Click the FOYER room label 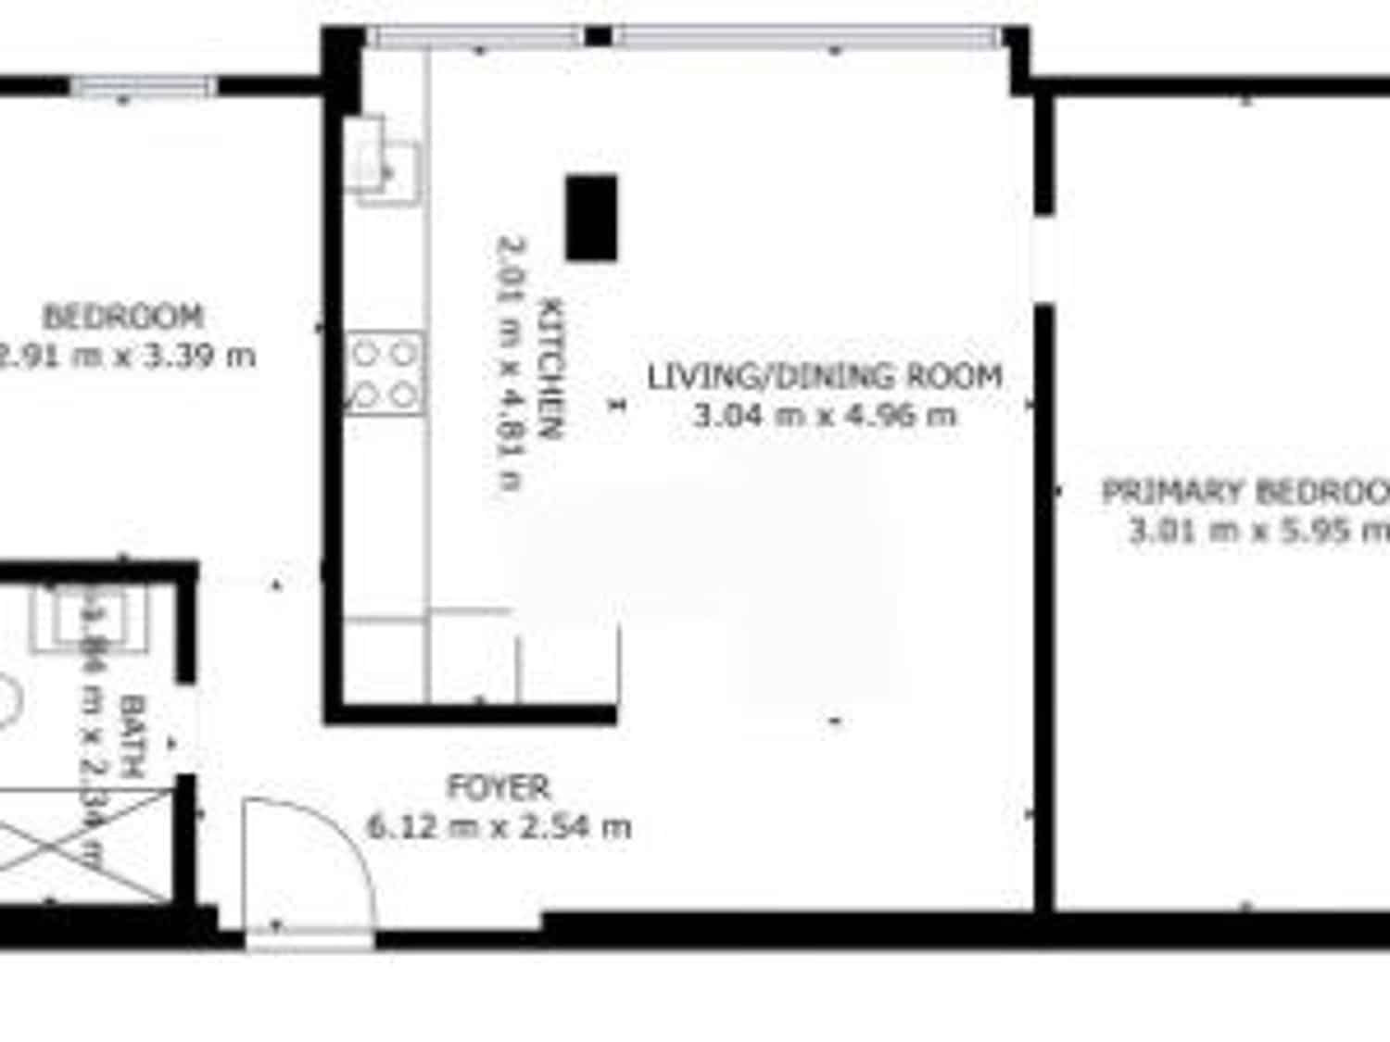(x=499, y=787)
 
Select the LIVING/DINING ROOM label (x=824, y=376)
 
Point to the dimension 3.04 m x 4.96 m (x=824, y=415)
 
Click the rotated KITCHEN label (x=550, y=368)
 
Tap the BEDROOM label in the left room (x=122, y=317)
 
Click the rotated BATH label (x=133, y=736)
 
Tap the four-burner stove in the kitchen (x=385, y=374)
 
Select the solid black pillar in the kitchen (x=591, y=218)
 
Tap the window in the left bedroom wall (x=144, y=87)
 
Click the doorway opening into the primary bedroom (x=1044, y=259)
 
